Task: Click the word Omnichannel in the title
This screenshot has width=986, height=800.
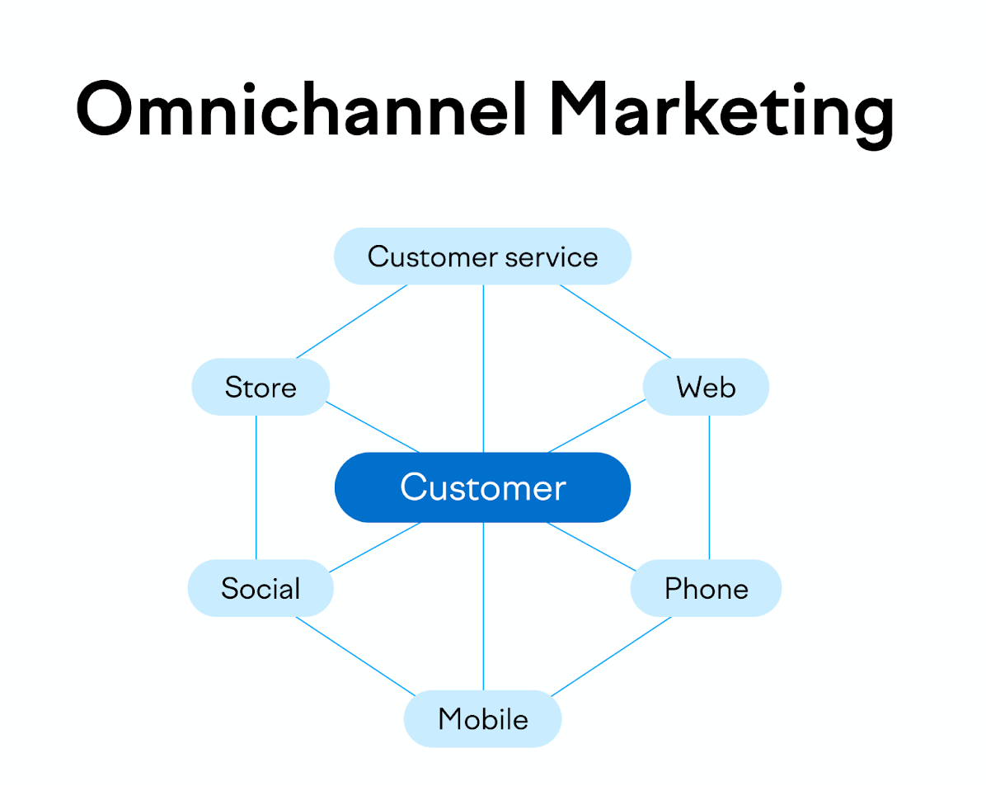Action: tap(301, 111)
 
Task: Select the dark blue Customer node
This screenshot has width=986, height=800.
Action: tap(482, 487)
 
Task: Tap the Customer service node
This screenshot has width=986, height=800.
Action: tap(482, 256)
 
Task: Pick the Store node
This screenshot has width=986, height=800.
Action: tap(261, 387)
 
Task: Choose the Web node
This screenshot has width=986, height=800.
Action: tap(706, 387)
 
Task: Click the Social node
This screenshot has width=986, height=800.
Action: tap(261, 588)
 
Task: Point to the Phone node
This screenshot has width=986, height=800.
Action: tap(706, 588)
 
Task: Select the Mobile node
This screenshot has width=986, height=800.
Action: tap(482, 719)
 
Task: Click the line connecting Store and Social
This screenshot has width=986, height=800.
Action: tap(256, 487)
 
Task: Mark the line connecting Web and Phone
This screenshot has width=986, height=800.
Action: tap(709, 487)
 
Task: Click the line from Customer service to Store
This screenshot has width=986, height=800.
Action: tap(352, 322)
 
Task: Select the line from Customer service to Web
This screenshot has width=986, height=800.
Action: tap(615, 322)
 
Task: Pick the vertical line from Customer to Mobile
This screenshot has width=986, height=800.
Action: tap(483, 606)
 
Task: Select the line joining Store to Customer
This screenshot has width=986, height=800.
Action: tap(373, 427)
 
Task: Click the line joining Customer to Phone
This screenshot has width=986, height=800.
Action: tap(592, 546)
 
